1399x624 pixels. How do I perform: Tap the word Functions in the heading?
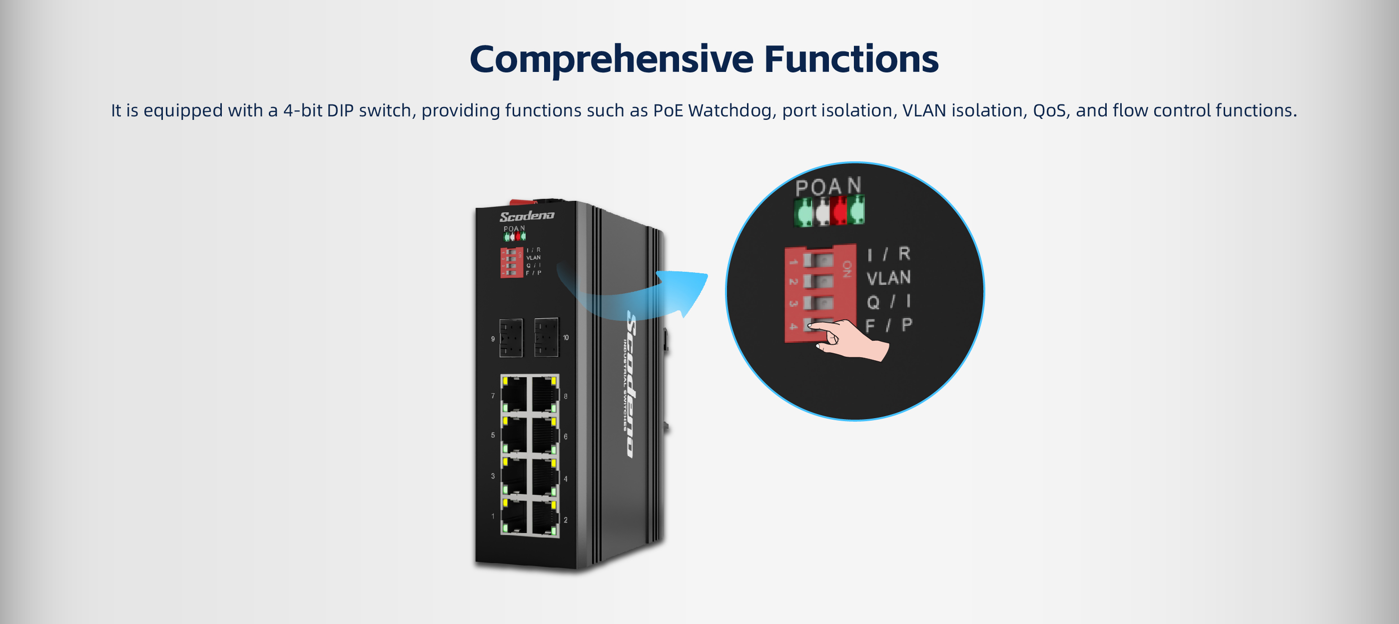[x=851, y=58]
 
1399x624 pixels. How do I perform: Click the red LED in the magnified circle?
[x=838, y=211]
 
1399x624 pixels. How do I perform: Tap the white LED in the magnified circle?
[x=822, y=211]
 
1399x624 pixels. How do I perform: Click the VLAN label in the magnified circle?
[x=888, y=278]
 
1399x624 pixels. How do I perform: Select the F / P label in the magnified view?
[x=888, y=325]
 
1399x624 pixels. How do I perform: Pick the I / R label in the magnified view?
[x=888, y=254]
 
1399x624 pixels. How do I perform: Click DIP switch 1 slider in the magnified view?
[x=818, y=261]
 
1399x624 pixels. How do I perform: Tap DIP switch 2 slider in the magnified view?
[x=818, y=282]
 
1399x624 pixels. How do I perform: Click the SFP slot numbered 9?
[x=511, y=338]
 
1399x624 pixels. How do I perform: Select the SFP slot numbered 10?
[x=546, y=337]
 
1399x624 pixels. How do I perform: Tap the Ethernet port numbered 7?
[x=514, y=394]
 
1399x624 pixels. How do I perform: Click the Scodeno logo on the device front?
[x=527, y=216]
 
